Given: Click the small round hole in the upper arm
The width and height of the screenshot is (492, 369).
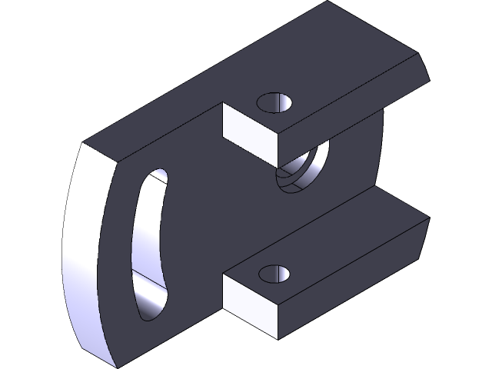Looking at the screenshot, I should coord(275,102).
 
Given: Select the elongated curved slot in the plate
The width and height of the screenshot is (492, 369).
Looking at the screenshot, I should coord(150,242).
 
